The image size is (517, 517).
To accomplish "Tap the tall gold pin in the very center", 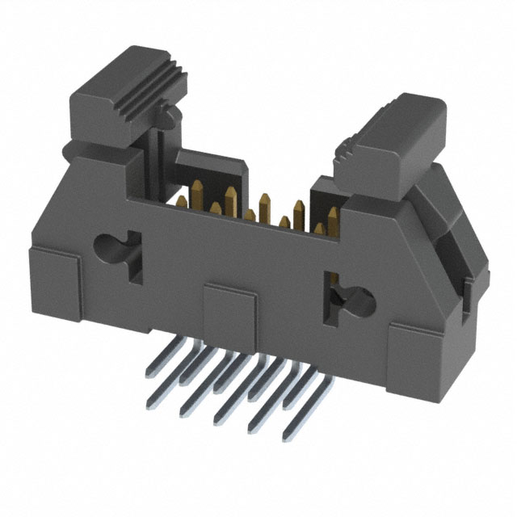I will pos(264,206).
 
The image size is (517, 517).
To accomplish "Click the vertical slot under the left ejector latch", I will pos(158,162).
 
